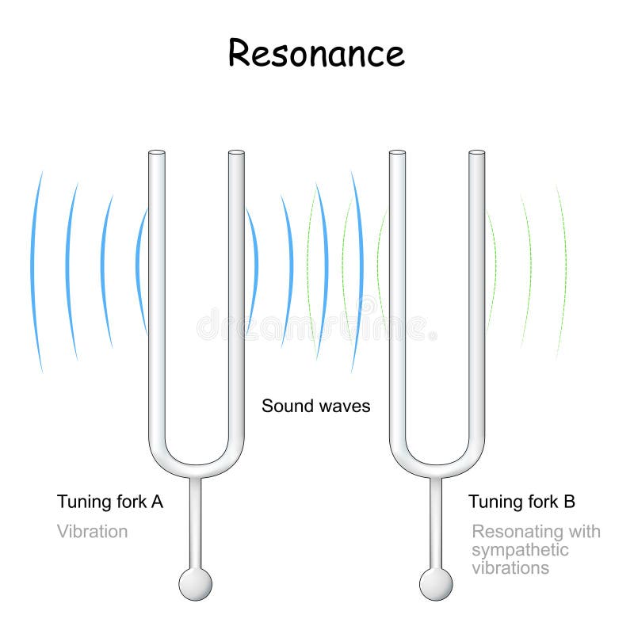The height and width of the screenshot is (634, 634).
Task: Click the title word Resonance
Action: (x=316, y=53)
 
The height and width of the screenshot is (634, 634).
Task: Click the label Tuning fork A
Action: (x=110, y=502)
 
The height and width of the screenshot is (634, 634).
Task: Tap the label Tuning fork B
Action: (x=521, y=502)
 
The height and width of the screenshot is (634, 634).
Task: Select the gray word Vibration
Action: (x=92, y=531)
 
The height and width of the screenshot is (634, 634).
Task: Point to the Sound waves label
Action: (x=316, y=407)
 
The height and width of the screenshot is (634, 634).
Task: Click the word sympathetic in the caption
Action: (x=520, y=550)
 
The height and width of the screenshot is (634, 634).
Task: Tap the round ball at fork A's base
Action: (x=195, y=585)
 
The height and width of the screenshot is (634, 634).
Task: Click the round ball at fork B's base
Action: (x=436, y=585)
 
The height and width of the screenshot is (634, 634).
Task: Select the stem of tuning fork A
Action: (x=195, y=523)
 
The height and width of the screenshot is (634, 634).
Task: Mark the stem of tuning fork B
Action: (x=436, y=523)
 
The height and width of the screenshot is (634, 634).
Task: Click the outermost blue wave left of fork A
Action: (x=36, y=269)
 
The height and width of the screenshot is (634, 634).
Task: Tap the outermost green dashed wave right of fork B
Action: (x=563, y=269)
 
